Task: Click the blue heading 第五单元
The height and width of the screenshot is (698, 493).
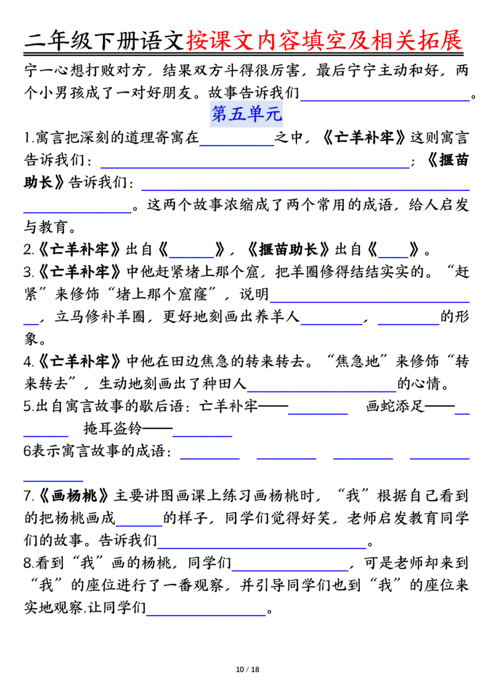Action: click(x=246, y=114)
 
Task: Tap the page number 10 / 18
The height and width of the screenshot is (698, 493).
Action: click(x=247, y=670)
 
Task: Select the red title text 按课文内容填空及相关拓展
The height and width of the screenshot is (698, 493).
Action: click(x=325, y=41)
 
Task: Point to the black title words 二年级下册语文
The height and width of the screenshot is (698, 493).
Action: click(x=105, y=41)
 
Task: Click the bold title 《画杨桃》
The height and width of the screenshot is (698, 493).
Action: click(x=74, y=496)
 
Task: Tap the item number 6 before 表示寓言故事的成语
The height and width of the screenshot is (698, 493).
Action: click(x=28, y=451)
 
